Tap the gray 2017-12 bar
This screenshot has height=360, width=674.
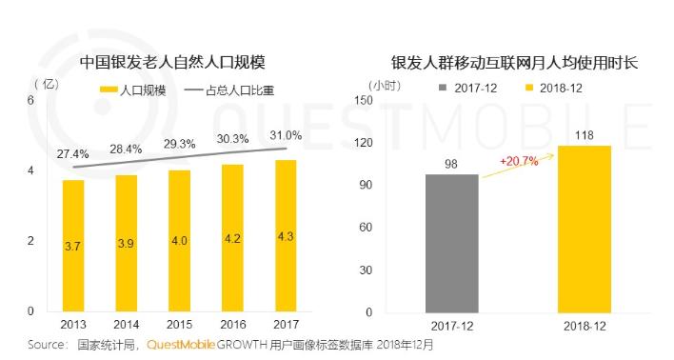point(451,243)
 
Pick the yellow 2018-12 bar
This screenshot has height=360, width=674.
point(584,229)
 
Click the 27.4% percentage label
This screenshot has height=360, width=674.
point(73,153)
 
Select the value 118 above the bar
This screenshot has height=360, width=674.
point(584,135)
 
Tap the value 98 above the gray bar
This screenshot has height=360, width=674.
point(451,164)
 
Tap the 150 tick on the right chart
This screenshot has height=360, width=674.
point(363,100)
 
